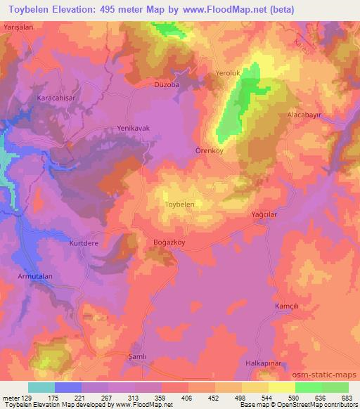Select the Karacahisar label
(37, 99)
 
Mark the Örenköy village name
(209, 150)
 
